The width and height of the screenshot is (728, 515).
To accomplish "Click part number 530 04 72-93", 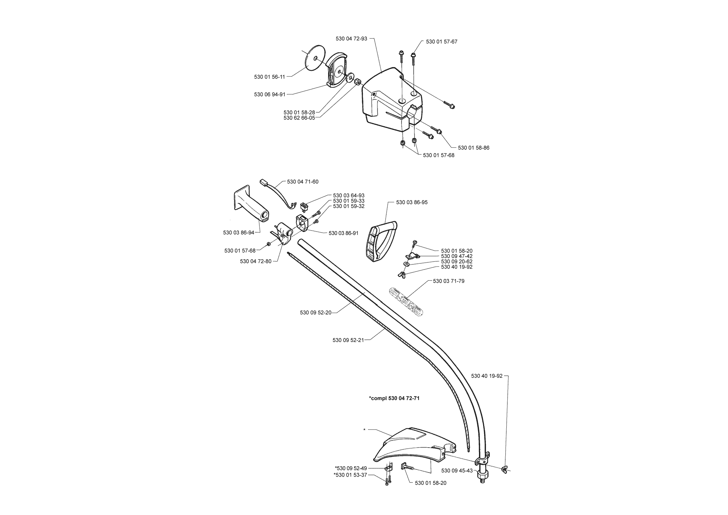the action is pyautogui.click(x=351, y=39).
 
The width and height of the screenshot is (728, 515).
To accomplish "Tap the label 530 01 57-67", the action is pyautogui.click(x=442, y=41).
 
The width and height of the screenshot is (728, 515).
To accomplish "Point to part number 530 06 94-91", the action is pyautogui.click(x=270, y=94).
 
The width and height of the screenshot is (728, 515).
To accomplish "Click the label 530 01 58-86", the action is pyautogui.click(x=473, y=148).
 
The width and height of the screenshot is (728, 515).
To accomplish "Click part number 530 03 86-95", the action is pyautogui.click(x=412, y=202).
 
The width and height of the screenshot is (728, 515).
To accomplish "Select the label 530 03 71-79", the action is pyautogui.click(x=449, y=281).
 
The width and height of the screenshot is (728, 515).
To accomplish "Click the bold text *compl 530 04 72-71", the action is pyautogui.click(x=394, y=398).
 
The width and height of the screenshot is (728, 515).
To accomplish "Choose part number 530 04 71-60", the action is pyautogui.click(x=303, y=181).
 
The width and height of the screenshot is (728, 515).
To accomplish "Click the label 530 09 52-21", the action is pyautogui.click(x=348, y=340).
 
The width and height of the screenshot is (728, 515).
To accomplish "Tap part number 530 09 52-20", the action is pyautogui.click(x=316, y=313).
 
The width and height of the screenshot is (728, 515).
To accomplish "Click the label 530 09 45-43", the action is pyautogui.click(x=457, y=470).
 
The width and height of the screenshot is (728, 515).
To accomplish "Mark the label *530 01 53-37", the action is pyautogui.click(x=350, y=475).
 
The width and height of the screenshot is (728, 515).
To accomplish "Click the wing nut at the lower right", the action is pyautogui.click(x=504, y=469).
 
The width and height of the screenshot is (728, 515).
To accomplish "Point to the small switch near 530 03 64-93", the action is pyautogui.click(x=304, y=207).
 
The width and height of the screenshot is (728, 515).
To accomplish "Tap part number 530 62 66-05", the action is pyautogui.click(x=299, y=118).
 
